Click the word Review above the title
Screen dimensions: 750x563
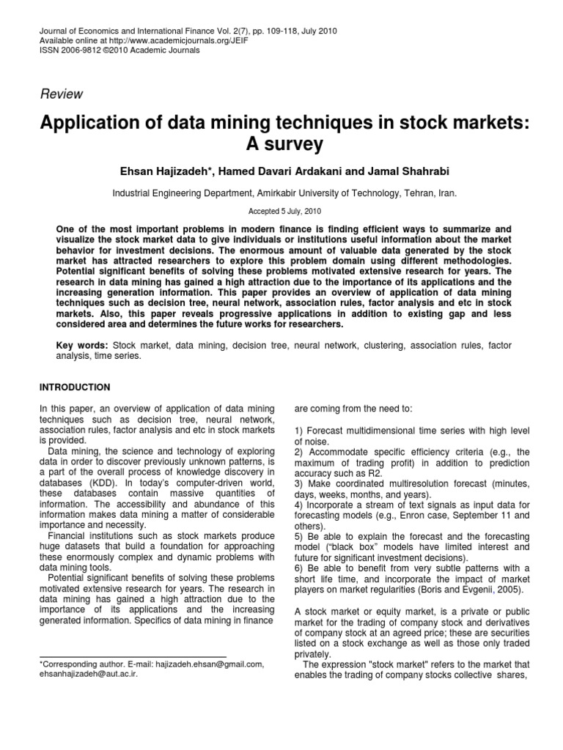(x=61, y=94)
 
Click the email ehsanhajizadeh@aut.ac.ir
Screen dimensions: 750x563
(x=87, y=674)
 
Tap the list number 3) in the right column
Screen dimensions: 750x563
(x=300, y=484)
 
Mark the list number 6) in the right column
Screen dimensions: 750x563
(x=300, y=567)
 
